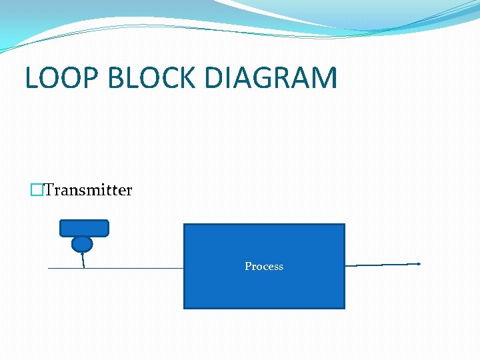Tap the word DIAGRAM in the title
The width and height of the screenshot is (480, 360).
[271, 78]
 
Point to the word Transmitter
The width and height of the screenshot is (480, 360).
[88, 191]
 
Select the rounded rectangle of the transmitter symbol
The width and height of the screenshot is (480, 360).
[84, 228]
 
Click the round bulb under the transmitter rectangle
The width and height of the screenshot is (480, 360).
[82, 244]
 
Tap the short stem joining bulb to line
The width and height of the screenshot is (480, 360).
[83, 260]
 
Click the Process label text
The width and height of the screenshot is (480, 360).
[264, 267]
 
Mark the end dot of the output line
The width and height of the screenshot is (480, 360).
[419, 264]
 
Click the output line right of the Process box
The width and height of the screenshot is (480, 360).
[381, 265]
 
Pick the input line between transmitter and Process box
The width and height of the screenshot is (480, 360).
[133, 268]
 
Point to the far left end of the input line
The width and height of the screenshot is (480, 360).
[49, 268]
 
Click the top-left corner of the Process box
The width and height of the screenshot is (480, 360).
[185, 225]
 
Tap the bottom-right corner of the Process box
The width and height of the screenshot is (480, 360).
[344, 307]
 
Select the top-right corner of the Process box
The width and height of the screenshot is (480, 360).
[344, 225]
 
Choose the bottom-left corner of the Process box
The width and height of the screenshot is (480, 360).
[185, 307]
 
